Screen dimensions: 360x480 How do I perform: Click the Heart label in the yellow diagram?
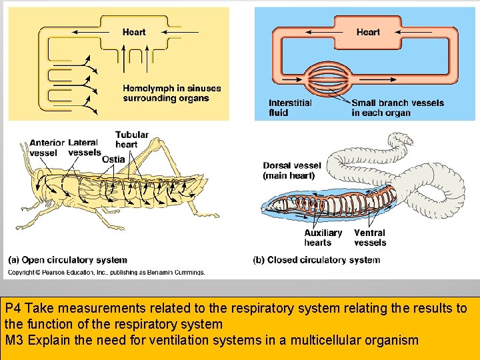pos(134,32)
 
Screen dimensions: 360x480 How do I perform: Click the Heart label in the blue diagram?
pos(368,32)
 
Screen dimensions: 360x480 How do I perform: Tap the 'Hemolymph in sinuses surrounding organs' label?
pos(171,93)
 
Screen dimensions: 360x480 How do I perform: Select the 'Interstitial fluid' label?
pos(290,108)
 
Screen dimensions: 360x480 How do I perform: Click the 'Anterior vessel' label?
pos(47,148)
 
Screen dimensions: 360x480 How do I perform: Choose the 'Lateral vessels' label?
pos(85,147)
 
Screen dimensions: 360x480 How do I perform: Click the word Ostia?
pos(113,159)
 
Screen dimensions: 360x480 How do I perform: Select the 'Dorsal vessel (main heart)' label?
pos(291,171)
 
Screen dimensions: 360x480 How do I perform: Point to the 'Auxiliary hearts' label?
pos(323,238)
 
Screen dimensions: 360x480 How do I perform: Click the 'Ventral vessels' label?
pos(369,238)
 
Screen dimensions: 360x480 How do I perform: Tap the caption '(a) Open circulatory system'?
pos(67,260)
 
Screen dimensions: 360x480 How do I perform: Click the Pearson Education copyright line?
pos(107,272)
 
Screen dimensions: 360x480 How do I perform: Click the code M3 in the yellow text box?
pos(13,341)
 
